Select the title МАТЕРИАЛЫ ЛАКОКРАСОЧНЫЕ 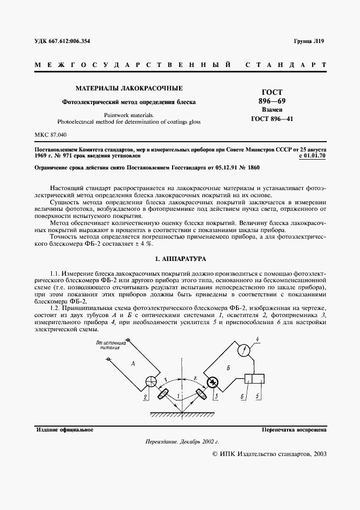tap(129, 88)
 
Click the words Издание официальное tap(64, 430)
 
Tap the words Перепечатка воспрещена tap(294, 430)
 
